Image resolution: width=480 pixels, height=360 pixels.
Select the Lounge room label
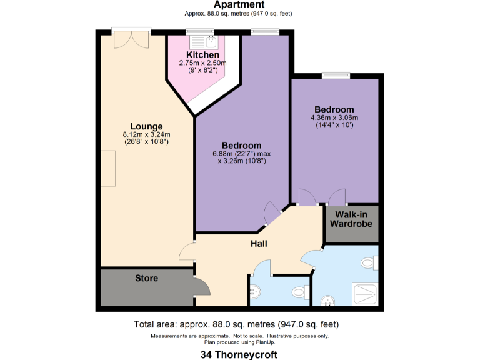click(146, 126)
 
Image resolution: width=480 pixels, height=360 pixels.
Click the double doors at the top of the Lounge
click(131, 39)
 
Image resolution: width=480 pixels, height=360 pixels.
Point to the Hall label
click(259, 243)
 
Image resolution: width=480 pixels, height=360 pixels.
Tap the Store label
click(147, 278)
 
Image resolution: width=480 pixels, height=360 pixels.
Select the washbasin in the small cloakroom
click(256, 291)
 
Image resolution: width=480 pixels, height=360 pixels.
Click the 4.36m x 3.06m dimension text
click(334, 117)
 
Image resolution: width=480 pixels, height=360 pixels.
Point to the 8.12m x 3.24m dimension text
click(147, 134)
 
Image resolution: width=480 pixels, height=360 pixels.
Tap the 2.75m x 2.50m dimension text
click(202, 63)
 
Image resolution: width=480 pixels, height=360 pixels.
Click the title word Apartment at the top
click(239, 5)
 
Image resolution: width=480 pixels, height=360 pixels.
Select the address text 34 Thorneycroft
click(239, 354)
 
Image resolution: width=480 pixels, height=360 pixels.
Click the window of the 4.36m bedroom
click(336, 76)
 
